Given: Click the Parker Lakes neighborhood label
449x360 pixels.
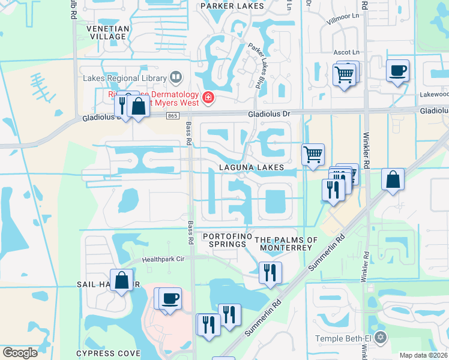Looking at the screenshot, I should click(x=232, y=6).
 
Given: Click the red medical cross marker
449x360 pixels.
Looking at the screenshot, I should click(x=208, y=97).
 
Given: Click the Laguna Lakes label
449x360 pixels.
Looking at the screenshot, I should click(x=251, y=167).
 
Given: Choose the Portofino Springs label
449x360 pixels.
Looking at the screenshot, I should click(x=227, y=240).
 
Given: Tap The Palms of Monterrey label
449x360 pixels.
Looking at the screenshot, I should click(x=286, y=244).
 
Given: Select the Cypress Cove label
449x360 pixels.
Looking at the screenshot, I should click(x=108, y=353).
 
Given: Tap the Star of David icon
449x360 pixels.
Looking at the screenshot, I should click(x=379, y=338).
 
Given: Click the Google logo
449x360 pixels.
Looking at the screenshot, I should click(x=20, y=352).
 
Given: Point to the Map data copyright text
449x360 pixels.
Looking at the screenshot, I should click(x=423, y=355).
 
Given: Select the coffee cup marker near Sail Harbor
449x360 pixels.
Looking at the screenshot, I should click(x=170, y=298).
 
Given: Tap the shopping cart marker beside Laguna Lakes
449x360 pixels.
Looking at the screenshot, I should click(x=313, y=155).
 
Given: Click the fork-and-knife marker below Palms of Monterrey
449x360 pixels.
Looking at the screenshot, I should click(x=270, y=272).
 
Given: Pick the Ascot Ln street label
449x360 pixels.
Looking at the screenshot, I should click(x=347, y=53).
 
